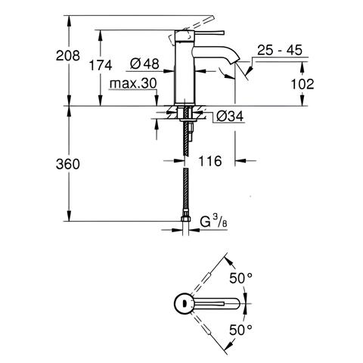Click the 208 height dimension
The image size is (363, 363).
coord(68,55)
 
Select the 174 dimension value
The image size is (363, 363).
coord(101,66)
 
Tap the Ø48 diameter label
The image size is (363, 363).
coord(144,64)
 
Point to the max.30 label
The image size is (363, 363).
coord(133,83)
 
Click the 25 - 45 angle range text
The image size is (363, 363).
coord(280,50)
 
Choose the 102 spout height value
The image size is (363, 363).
coord(302,84)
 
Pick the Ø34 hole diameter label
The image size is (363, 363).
coord(230,116)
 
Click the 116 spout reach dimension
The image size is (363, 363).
coord(210,161)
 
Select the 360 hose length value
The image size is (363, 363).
coord(68,164)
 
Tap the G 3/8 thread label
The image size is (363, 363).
coord(214,222)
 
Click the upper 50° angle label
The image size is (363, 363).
coord(240,278)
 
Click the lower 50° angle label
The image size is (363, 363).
coord(240,330)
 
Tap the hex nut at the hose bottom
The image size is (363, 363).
coord(185,219)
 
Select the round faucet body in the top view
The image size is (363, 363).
coord(185,303)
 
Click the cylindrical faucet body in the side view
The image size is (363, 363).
coord(185,67)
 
